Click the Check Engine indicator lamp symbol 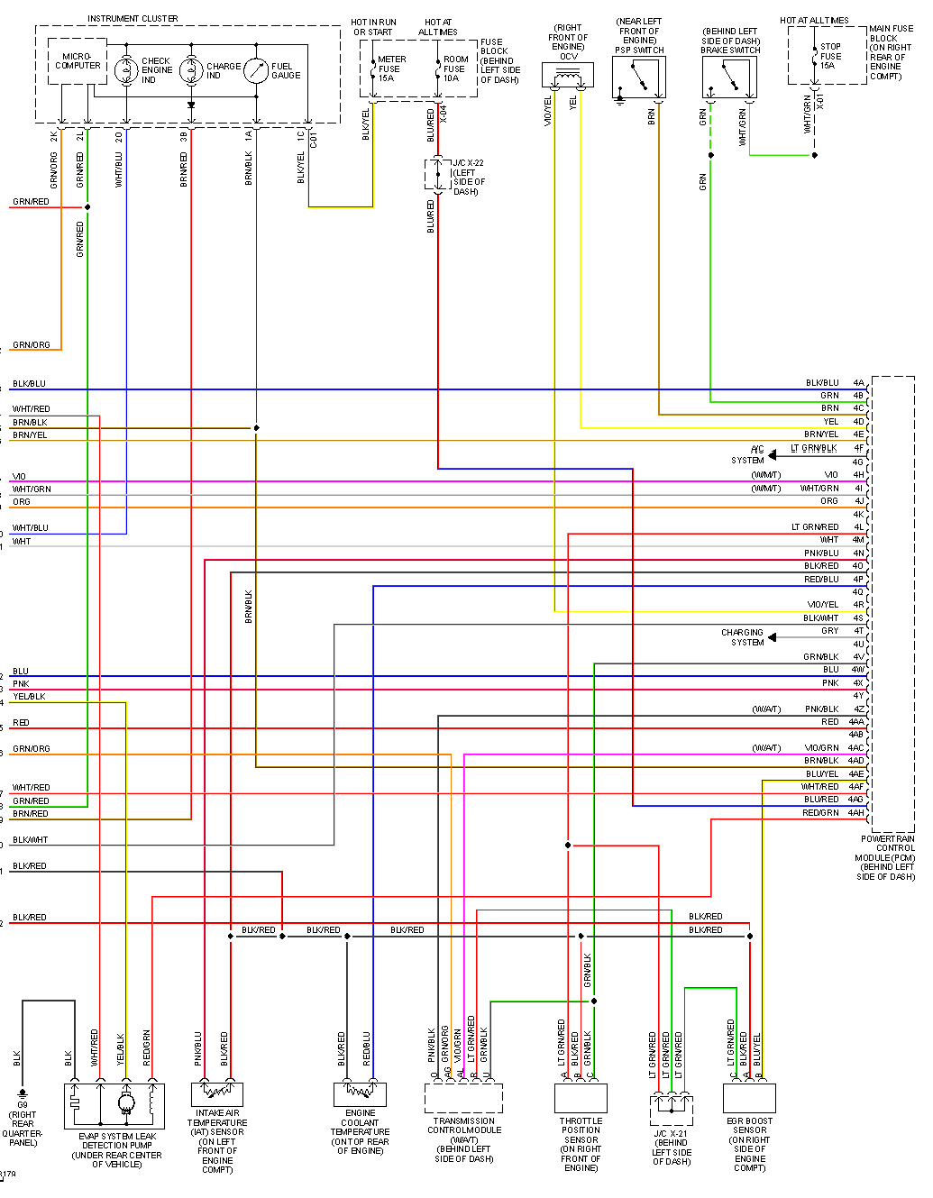pyautogui.click(x=126, y=69)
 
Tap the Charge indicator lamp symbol pyautogui.click(x=191, y=69)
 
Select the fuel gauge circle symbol pyautogui.click(x=256, y=69)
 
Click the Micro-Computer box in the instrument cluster pyautogui.click(x=78, y=61)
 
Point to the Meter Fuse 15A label pyautogui.click(x=391, y=69)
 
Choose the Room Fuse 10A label pyautogui.click(x=454, y=69)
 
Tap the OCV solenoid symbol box pyautogui.click(x=568, y=75)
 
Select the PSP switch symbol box pyautogui.click(x=639, y=78)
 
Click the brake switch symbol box pyautogui.click(x=729, y=78)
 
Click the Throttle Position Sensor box pyautogui.click(x=581, y=1097)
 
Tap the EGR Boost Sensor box pyautogui.click(x=750, y=1097)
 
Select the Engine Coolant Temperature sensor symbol pyautogui.click(x=360, y=1093)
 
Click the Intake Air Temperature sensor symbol pyautogui.click(x=217, y=1093)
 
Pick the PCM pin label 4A pyautogui.click(x=858, y=383)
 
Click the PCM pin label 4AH pyautogui.click(x=855, y=813)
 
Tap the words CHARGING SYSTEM pyautogui.click(x=742, y=637)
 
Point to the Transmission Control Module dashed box pyautogui.click(x=463, y=1097)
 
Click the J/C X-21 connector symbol pyautogui.click(x=672, y=1109)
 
